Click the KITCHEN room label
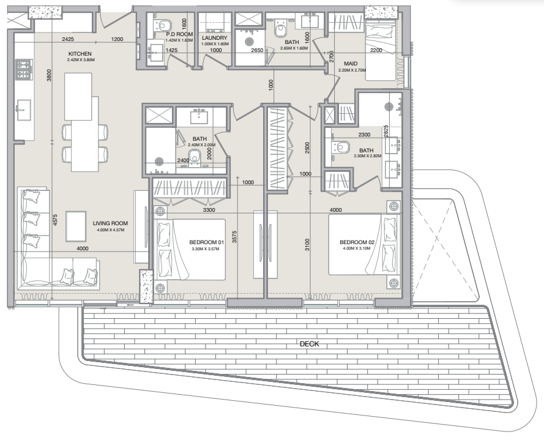[x=80, y=54]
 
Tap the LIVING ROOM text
[x=110, y=223]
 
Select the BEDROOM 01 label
[x=209, y=242]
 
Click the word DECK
[x=309, y=345]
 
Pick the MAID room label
[x=351, y=63]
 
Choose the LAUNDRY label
[x=214, y=37]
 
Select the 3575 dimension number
[x=235, y=237]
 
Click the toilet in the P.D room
[x=163, y=25]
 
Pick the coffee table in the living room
[x=75, y=226]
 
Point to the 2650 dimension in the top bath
[x=257, y=51]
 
